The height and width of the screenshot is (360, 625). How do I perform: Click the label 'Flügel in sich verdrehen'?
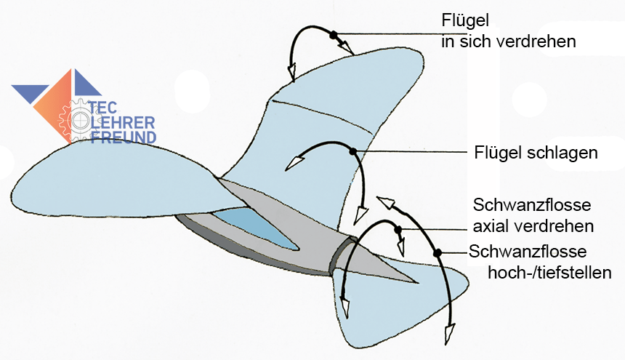[x=509, y=31]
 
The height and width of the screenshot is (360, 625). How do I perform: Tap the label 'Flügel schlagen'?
[x=535, y=153]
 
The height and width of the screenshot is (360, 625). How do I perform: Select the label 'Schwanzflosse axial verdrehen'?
[x=533, y=215]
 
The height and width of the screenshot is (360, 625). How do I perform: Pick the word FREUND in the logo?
[x=123, y=136]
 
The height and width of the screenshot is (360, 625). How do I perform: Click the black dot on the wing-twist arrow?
[x=333, y=34]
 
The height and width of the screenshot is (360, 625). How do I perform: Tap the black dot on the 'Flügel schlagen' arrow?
[x=352, y=151]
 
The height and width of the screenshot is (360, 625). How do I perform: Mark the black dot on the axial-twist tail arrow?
[x=398, y=231]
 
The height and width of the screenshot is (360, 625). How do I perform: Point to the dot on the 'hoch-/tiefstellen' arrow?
[x=438, y=252]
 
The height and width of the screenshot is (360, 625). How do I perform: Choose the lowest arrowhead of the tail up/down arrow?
[x=448, y=336]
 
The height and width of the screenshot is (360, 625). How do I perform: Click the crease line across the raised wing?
[x=320, y=116]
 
